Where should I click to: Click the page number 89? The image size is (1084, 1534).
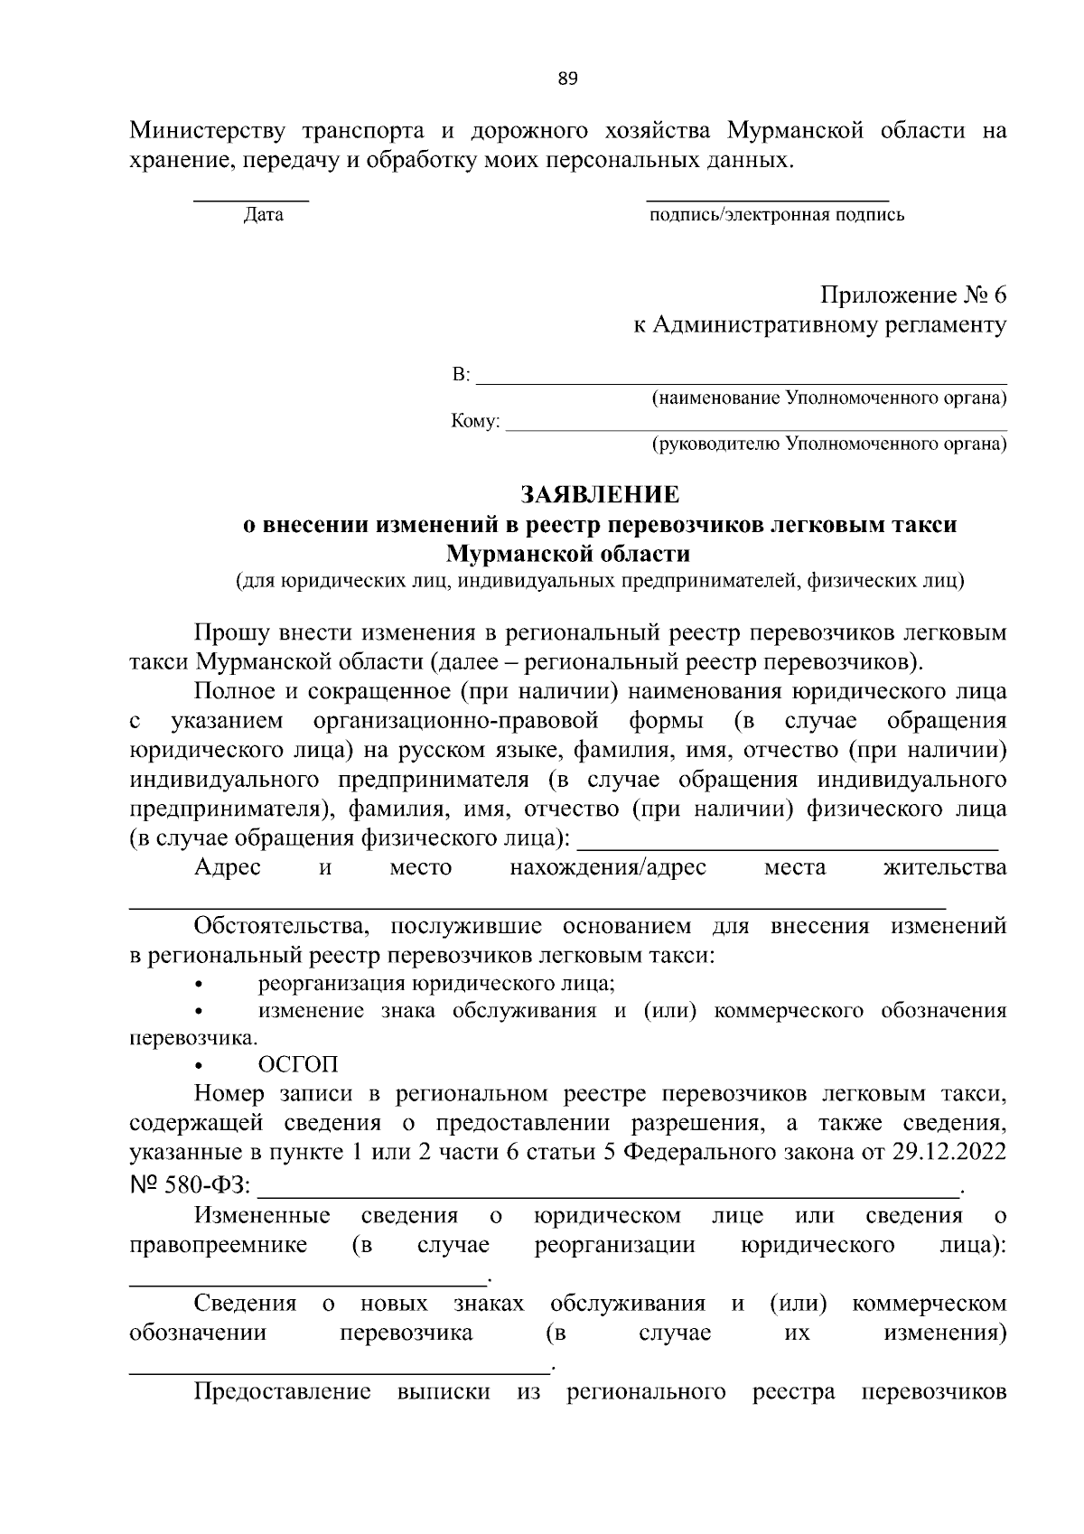(x=566, y=79)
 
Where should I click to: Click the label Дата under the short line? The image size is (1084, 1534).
(x=263, y=215)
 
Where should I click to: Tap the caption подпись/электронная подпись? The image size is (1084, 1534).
(x=776, y=215)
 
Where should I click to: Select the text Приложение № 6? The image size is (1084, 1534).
(x=912, y=295)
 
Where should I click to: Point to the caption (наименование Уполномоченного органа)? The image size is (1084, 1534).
(x=829, y=398)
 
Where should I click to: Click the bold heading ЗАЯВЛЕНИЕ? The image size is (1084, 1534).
(x=599, y=494)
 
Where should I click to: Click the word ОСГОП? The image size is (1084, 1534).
(x=298, y=1066)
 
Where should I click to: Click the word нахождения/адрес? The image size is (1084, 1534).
(x=607, y=867)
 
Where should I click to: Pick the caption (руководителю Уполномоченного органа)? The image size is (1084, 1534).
(x=829, y=444)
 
